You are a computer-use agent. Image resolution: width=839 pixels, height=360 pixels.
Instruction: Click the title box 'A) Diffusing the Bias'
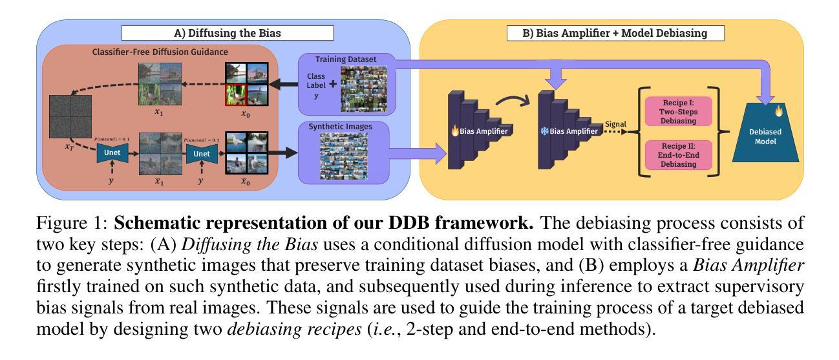(x=228, y=33)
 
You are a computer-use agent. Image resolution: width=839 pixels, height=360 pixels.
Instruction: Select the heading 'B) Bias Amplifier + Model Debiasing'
(x=615, y=33)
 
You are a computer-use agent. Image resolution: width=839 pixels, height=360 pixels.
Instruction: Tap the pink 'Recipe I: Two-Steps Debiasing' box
(x=678, y=112)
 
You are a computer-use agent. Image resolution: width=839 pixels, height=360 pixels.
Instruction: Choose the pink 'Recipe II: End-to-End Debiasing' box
(x=678, y=155)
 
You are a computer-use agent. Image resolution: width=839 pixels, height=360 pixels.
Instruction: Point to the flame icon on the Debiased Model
(x=779, y=111)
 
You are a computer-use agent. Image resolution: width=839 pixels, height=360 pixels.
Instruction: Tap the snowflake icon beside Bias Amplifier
(x=544, y=131)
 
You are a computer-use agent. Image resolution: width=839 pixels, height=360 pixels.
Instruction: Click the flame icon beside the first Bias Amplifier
(x=455, y=131)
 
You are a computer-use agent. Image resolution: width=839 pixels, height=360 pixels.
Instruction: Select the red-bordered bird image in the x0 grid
(x=235, y=95)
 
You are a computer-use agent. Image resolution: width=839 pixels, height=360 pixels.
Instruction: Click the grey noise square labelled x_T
(x=70, y=116)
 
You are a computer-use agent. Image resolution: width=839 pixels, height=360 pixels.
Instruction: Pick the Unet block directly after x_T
(x=112, y=153)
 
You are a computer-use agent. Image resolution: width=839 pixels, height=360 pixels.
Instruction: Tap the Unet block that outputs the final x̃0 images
(x=202, y=154)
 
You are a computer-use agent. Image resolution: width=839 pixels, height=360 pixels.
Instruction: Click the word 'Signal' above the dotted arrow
(x=615, y=124)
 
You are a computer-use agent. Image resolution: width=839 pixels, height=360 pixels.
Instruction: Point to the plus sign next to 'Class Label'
(x=333, y=84)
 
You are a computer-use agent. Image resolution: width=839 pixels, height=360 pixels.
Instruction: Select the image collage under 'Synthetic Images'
(x=343, y=156)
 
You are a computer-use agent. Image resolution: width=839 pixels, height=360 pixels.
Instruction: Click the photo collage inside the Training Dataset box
(x=364, y=89)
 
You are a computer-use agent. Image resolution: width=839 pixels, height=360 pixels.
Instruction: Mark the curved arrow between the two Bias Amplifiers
(x=513, y=98)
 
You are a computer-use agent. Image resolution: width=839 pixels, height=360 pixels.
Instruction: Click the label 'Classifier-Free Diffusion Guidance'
(x=160, y=52)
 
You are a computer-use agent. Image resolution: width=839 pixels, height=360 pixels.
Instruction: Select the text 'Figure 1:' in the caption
(x=72, y=223)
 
